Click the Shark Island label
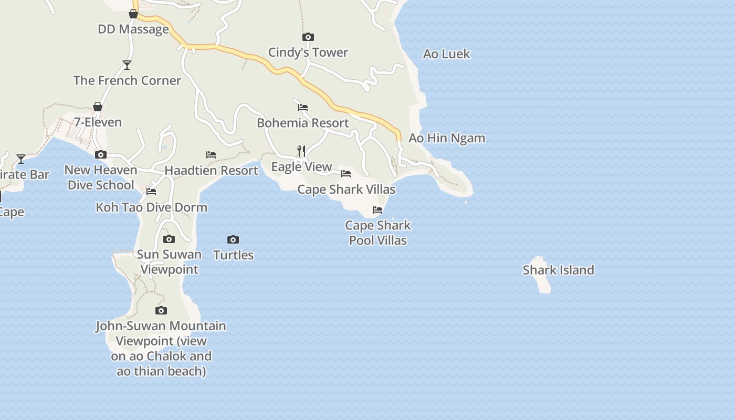tap(558, 270)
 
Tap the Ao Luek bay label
tap(446, 54)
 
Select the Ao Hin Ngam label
tap(447, 138)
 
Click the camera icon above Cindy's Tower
tap(308, 37)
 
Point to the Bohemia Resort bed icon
tap(303, 108)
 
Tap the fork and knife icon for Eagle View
tap(301, 151)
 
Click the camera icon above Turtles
tap(233, 240)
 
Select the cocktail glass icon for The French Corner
tap(127, 65)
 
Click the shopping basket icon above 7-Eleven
tap(98, 107)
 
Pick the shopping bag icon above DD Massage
tap(133, 14)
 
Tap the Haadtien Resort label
tap(211, 170)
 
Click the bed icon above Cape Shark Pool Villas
tap(377, 210)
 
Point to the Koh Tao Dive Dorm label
tap(151, 207)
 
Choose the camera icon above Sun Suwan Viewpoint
tap(169, 239)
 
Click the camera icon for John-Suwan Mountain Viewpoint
tap(161, 311)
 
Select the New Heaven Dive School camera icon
tap(101, 155)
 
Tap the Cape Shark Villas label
tap(346, 189)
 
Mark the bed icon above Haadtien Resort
tap(211, 155)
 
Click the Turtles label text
tap(233, 255)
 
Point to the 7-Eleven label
tap(98, 122)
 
